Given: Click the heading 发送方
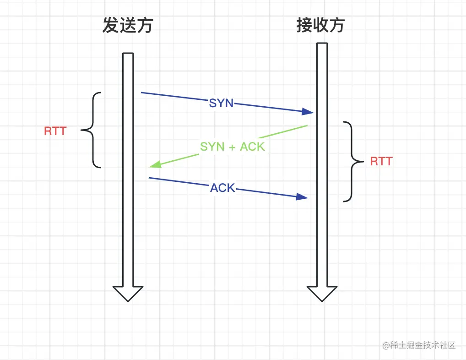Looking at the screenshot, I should click(127, 26).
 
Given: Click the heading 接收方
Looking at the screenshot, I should click(320, 26).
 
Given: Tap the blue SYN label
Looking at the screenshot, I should click(221, 103).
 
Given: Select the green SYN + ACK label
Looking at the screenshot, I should click(233, 147).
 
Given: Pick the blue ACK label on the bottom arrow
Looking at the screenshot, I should click(222, 187).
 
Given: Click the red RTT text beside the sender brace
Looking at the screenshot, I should click(55, 131).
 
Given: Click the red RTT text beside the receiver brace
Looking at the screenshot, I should click(381, 161).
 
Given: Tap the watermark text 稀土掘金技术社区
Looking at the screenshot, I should click(423, 345).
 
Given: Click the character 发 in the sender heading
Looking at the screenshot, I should click(110, 26).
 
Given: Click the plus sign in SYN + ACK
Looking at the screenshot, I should click(232, 147).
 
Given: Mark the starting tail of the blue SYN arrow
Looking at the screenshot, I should click(142, 93).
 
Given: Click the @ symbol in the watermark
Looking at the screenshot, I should click(386, 345).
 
